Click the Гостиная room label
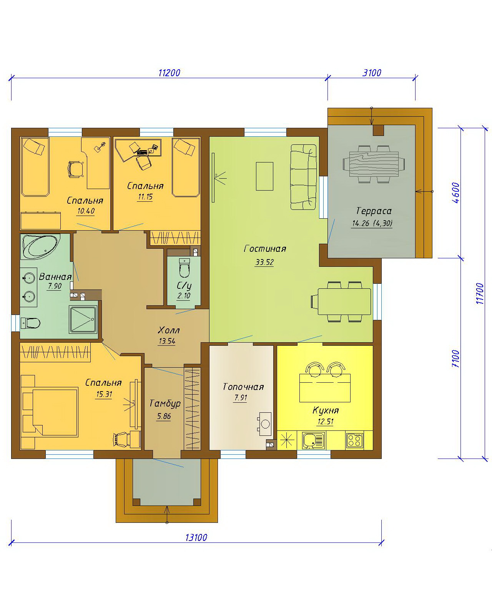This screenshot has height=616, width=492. coord(265,248)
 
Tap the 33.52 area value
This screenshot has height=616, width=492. coord(264,262)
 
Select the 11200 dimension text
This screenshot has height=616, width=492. coord(169,73)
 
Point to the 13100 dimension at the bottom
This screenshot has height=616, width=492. coord(196,537)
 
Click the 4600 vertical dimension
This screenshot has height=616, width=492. coord(456,193)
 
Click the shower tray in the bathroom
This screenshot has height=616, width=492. coord(83,320)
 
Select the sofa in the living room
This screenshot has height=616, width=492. coord(304,177)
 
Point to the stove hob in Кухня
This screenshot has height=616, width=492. coord(355,441)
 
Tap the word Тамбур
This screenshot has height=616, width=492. coord(165,403)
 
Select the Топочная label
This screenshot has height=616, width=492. coord(243,387)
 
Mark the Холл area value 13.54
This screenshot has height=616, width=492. coord(167,341)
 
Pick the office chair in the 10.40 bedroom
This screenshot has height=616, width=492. coord(76,169)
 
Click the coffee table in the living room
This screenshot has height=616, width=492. coord(264,176)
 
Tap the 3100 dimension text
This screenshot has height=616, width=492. coord(372,73)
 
